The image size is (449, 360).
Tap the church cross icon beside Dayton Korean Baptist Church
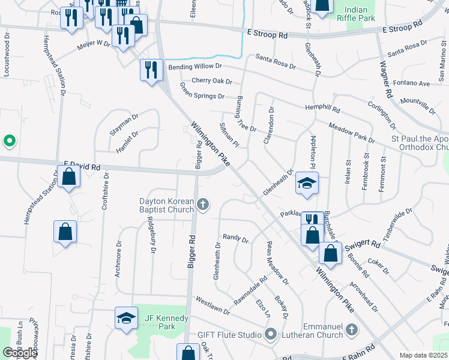pyautogui.click(x=203, y=205)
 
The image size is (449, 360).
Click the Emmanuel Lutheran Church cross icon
pyautogui.click(x=352, y=329)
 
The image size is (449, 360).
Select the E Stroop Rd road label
pyautogui.click(x=267, y=35)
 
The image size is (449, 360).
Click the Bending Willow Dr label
pyautogui.click(x=195, y=67)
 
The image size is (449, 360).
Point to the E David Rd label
pyautogui.click(x=82, y=164)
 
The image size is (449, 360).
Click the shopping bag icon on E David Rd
pyautogui.click(x=69, y=177)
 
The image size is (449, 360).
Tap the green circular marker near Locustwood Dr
pyautogui.click(x=9, y=142)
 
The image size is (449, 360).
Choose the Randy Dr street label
pyautogui.click(x=235, y=238)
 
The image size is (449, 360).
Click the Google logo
pyautogui.click(x=20, y=353)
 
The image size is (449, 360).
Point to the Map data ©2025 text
pyautogui.click(x=424, y=355)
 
